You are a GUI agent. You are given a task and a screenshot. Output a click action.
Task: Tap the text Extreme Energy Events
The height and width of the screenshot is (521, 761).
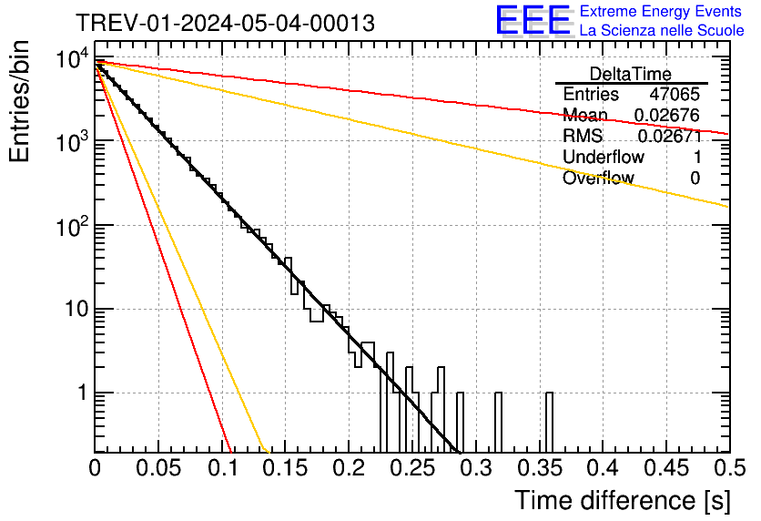point(662,12)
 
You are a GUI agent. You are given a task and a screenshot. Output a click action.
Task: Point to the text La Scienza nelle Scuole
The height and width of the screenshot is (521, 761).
point(662,31)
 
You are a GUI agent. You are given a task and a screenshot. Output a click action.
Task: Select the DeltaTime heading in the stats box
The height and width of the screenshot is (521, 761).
point(631,74)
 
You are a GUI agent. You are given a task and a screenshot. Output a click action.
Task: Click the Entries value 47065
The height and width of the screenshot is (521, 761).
point(675,95)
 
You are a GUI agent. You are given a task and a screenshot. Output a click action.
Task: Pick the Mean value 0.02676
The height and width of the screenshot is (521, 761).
point(667,116)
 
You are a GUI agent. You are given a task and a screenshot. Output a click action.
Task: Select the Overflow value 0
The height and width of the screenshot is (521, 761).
point(695,179)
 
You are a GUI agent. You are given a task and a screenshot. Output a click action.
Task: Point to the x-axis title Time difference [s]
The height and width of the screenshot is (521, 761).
point(621,500)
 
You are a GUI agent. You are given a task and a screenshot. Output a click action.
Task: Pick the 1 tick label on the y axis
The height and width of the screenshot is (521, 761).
point(79,393)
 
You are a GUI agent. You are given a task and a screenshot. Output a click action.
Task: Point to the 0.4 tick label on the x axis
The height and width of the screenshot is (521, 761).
point(603,468)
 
